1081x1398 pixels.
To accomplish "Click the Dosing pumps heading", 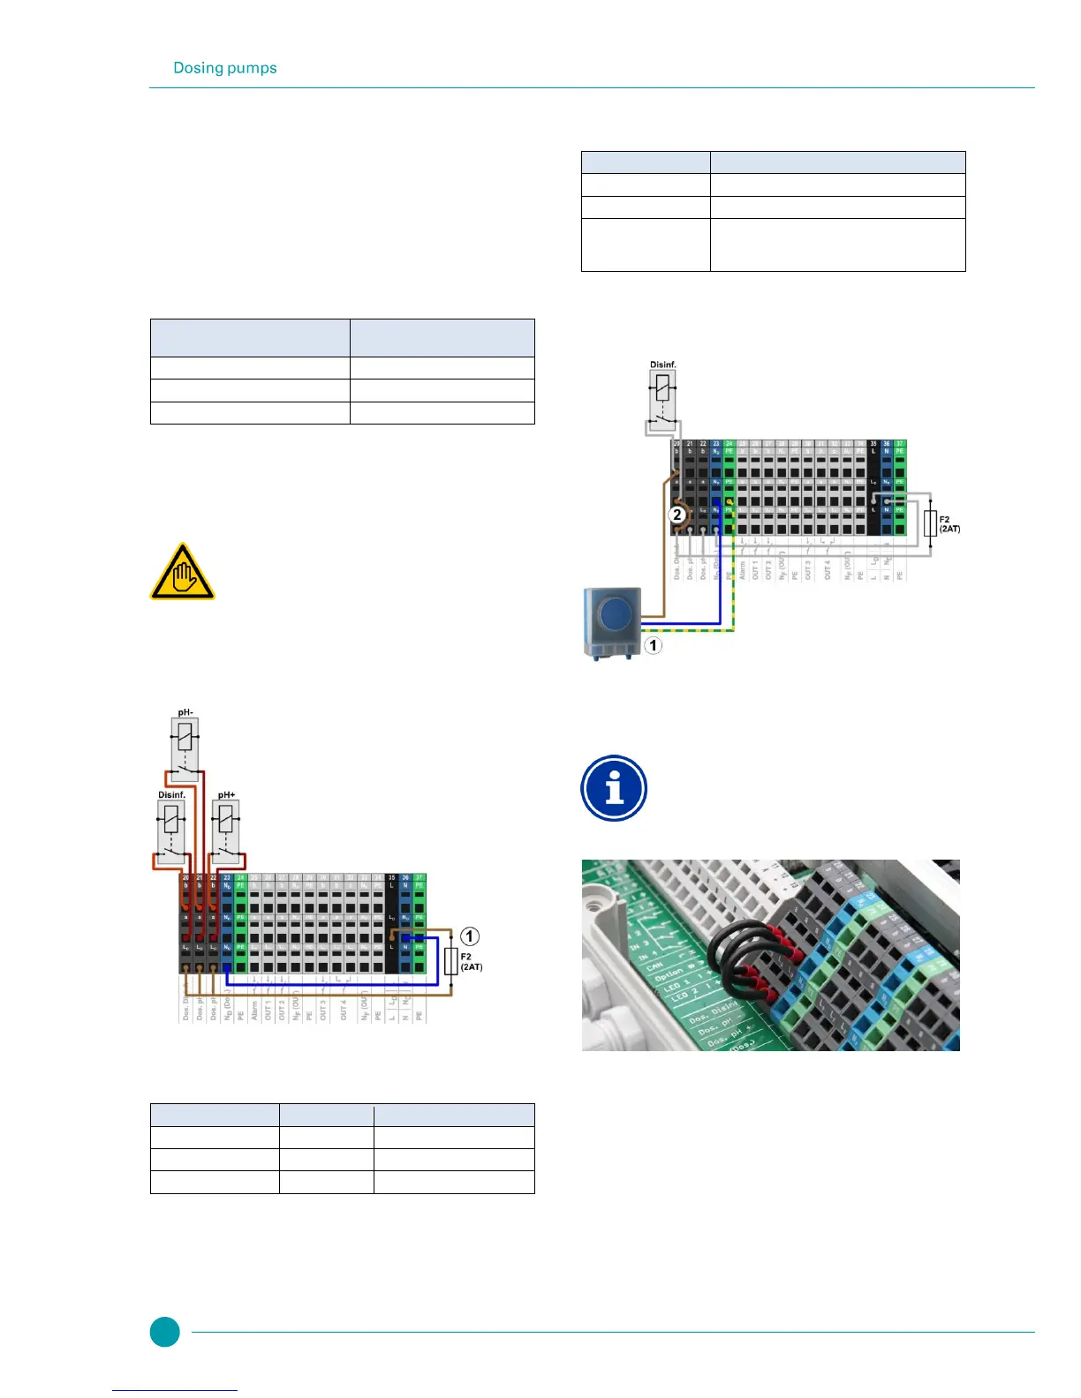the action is tap(225, 68).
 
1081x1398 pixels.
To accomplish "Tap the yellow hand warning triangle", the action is tap(182, 572).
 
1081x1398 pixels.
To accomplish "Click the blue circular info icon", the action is tap(614, 788).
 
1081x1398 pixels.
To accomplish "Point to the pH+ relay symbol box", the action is tap(227, 831).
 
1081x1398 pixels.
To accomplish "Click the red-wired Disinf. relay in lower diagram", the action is tap(171, 831).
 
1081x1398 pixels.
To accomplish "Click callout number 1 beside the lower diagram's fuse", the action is tap(470, 936).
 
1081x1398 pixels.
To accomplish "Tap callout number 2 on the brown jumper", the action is tap(677, 515).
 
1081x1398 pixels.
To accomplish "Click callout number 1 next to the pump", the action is tap(653, 645).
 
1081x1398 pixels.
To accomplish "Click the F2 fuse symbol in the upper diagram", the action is tap(929, 523).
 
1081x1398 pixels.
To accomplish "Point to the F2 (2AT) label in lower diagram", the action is tap(472, 962).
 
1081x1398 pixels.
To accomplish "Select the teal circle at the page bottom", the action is tap(164, 1332).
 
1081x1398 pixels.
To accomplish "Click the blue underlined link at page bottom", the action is tap(175, 1390).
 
